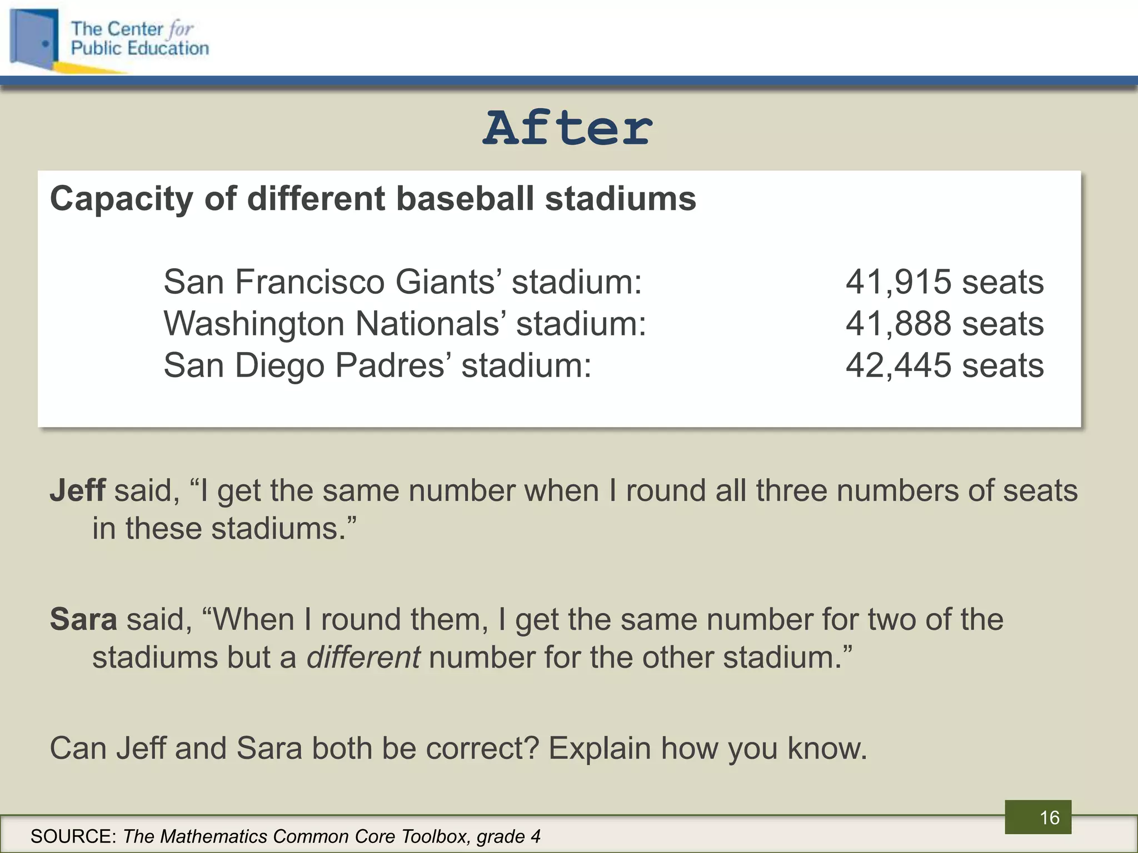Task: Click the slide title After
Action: pyautogui.click(x=567, y=128)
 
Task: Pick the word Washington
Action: pyautogui.click(x=254, y=324)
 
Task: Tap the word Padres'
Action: pyautogui.click(x=392, y=365)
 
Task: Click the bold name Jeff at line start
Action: pyautogui.click(x=77, y=491)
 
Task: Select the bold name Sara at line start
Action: pyautogui.click(x=83, y=620)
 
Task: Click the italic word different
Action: pyautogui.click(x=363, y=658)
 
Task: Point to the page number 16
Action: pyautogui.click(x=1049, y=817)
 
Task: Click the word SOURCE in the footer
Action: pyautogui.click(x=73, y=836)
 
